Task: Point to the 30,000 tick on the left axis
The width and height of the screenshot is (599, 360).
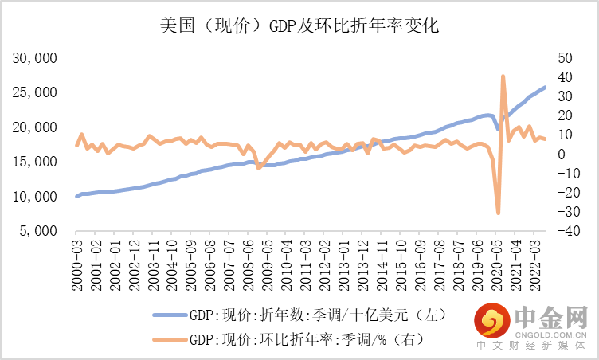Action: click(x=35, y=58)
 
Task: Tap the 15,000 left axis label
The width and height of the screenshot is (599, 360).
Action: click(x=35, y=162)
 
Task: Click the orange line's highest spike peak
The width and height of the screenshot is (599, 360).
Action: click(x=503, y=76)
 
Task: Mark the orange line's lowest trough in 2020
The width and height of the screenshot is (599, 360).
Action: click(x=499, y=213)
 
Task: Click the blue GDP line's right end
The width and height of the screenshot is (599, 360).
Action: click(x=545, y=87)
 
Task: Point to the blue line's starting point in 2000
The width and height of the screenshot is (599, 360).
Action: click(x=77, y=196)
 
